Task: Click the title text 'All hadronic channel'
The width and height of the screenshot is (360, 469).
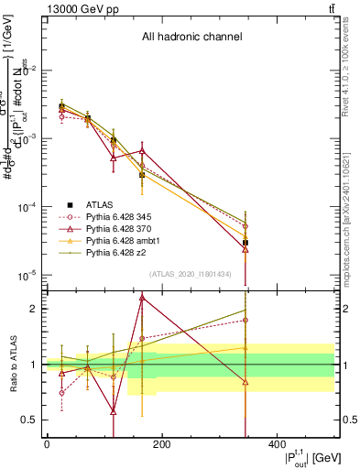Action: click(191, 38)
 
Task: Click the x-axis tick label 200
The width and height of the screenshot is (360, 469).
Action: click(161, 445)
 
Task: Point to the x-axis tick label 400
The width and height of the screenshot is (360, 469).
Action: click(277, 445)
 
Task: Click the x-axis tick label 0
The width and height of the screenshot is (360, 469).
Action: click(47, 445)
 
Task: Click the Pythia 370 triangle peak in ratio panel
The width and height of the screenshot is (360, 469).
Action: click(142, 297)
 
